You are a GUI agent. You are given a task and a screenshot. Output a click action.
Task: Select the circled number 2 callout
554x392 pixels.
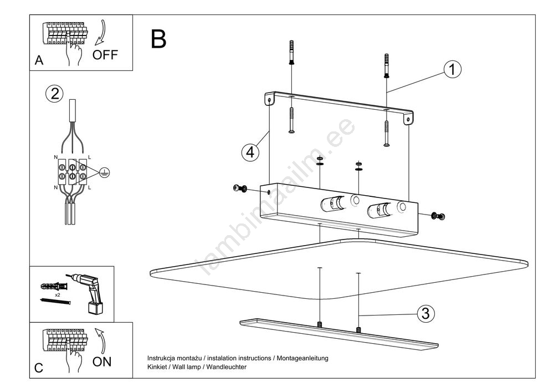pyautogui.click(x=54, y=93)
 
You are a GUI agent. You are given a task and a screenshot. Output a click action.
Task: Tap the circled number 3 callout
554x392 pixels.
pyautogui.click(x=425, y=314)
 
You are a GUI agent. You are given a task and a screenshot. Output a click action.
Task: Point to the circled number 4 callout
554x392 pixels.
pyautogui.click(x=250, y=152)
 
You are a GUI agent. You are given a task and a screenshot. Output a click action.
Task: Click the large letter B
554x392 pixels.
pyautogui.click(x=158, y=39)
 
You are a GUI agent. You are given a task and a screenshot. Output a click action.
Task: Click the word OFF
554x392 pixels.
pyautogui.click(x=105, y=55)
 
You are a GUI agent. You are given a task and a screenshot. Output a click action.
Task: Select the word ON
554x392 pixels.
pyautogui.click(x=102, y=362)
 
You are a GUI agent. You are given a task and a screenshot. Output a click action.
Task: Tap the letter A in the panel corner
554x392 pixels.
pyautogui.click(x=39, y=61)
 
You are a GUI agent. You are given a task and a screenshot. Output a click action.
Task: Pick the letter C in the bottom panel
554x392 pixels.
pyautogui.click(x=39, y=368)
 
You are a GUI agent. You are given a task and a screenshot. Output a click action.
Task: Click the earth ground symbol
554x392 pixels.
pyautogui.click(x=103, y=172)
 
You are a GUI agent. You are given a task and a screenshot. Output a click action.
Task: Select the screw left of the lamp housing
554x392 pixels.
pyautogui.click(x=240, y=189)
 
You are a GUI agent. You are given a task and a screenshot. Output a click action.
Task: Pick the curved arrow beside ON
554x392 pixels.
pyautogui.click(x=100, y=339)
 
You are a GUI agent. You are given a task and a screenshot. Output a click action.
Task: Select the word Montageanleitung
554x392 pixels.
pyautogui.click(x=302, y=358)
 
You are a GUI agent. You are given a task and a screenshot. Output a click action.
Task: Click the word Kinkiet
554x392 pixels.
pyautogui.click(x=158, y=367)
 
